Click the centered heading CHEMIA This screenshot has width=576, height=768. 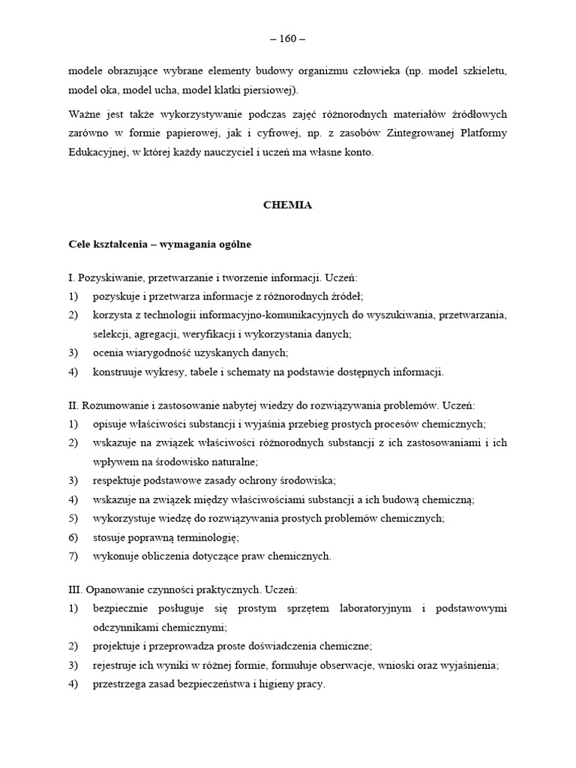(288, 205)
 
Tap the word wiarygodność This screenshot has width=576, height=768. (155, 352)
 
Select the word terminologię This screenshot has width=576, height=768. (204, 537)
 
